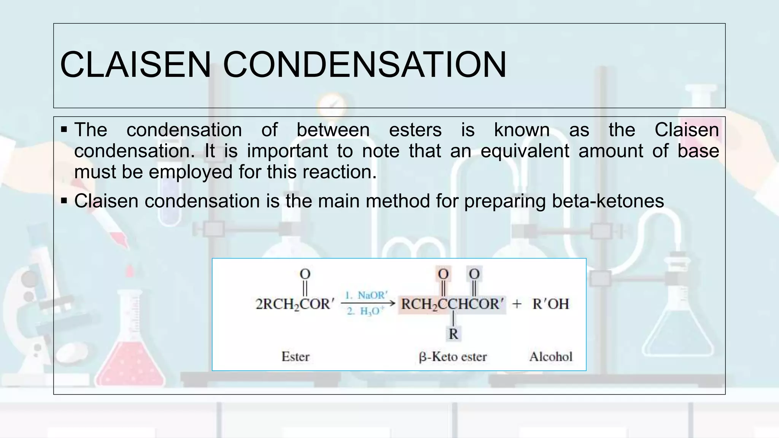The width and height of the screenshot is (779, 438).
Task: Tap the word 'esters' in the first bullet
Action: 415,130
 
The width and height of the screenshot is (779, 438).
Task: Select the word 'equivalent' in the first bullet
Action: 525,151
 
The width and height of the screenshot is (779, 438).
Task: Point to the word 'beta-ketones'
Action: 608,201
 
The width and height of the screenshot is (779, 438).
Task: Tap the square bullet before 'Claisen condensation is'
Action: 64,200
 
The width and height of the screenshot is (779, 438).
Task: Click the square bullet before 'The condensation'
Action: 64,130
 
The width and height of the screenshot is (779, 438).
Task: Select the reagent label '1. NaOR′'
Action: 366,295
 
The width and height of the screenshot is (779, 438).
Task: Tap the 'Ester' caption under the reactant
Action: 296,357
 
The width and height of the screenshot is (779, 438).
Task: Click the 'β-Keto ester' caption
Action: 453,357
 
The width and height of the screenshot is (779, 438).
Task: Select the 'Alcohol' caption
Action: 551,357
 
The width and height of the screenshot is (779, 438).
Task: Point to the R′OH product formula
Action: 550,304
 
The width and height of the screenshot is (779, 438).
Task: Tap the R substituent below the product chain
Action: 453,334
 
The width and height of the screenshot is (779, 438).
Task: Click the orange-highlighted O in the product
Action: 443,274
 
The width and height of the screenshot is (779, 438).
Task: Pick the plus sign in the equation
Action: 517,304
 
